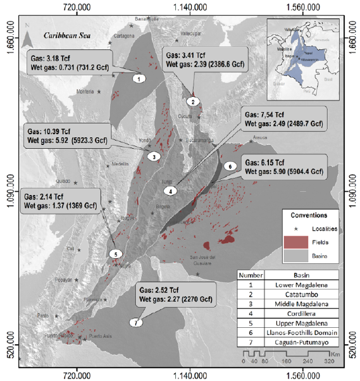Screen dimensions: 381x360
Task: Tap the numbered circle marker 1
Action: tap(139, 78)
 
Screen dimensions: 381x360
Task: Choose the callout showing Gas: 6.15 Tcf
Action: tap(284, 166)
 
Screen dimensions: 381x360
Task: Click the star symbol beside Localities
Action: tap(294, 228)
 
